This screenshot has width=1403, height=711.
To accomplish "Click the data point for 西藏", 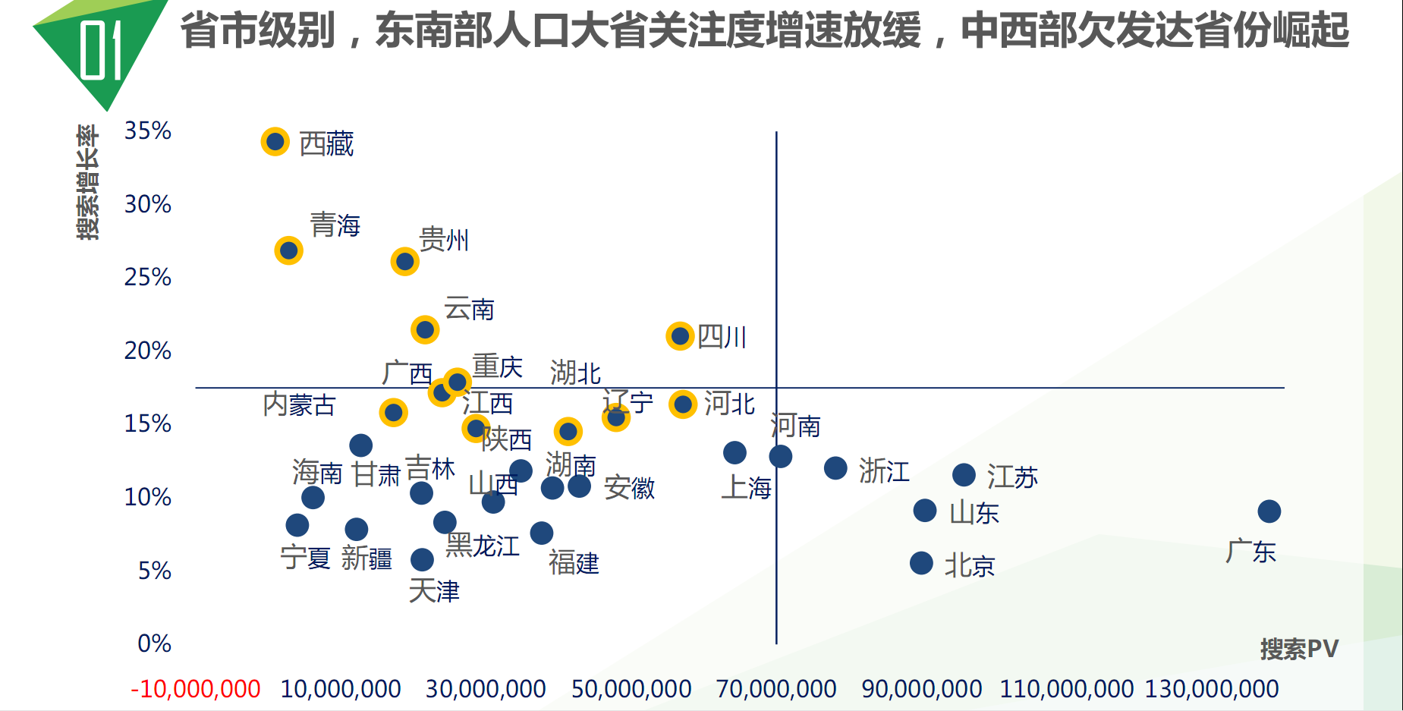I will point(275,142).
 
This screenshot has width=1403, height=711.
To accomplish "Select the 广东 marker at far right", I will point(1269,511).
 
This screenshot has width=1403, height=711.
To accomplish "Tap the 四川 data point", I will point(680,335).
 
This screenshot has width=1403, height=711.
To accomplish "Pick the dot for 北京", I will point(921,563).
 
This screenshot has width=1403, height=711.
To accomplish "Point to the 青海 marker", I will point(288,250).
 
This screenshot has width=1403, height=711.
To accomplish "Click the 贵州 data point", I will point(404,262).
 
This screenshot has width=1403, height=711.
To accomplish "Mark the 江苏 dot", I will point(964,475).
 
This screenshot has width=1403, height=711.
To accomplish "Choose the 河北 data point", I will point(683,404).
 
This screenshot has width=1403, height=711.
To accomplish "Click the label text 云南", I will point(469,309).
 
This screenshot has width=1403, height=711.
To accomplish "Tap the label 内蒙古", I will point(299,404).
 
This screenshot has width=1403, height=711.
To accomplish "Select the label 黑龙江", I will point(483,546).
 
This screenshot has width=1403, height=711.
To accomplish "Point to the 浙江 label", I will point(884,470).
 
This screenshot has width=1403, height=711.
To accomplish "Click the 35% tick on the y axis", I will point(148,131).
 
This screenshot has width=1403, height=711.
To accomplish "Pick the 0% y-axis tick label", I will point(154,643).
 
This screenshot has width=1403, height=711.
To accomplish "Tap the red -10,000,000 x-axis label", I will point(196,689).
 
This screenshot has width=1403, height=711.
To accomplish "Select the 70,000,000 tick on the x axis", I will point(776,689).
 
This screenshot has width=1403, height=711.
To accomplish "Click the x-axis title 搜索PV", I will point(1299,649).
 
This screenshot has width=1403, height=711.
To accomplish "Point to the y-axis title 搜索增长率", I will point(88,182).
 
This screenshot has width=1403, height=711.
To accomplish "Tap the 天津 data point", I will point(422,560).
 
